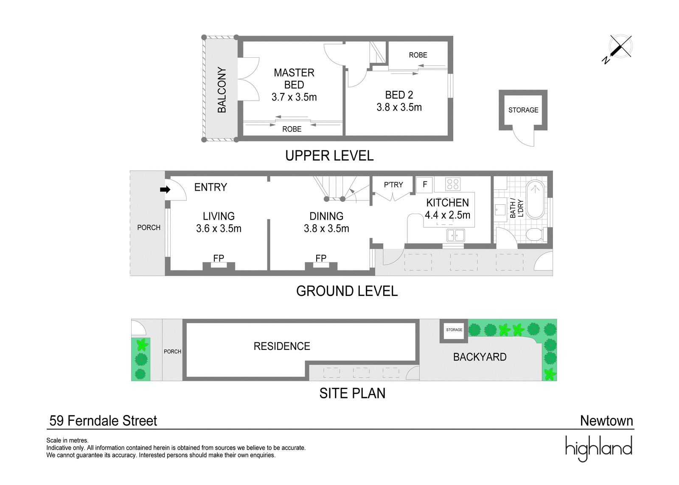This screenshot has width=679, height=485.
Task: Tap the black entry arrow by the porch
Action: tap(165, 190)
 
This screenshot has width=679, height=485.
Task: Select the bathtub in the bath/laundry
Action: tap(536, 200)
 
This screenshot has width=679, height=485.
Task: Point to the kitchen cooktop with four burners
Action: tap(453, 184)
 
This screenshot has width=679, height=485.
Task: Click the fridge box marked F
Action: tap(425, 184)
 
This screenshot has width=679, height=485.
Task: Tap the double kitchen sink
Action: tap(456, 235)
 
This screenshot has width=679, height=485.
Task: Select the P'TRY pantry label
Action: tap(393, 185)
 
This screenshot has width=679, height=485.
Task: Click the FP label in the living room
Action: tap(219, 258)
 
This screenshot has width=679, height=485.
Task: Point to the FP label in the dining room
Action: tap(321, 258)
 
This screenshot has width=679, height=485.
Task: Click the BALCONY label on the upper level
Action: tap(222, 90)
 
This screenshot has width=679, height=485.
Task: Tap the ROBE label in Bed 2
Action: tap(418, 55)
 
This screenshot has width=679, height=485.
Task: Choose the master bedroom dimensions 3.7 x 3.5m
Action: tap(294, 97)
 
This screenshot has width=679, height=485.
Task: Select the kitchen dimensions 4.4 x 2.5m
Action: tap(447, 215)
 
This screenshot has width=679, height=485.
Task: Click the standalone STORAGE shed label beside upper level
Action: tap(523, 110)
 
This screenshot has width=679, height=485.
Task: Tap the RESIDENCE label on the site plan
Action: tap(282, 346)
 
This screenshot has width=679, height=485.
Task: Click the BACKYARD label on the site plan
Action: tap(480, 357)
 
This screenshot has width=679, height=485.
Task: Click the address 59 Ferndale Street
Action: tap(104, 421)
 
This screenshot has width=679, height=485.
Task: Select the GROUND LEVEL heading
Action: tap(347, 291)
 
